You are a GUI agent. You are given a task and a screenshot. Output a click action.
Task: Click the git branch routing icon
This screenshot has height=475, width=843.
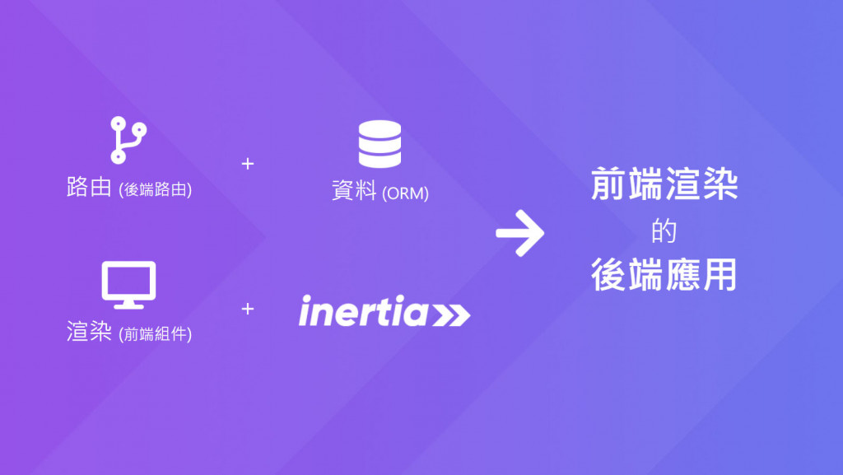pyautogui.click(x=128, y=140)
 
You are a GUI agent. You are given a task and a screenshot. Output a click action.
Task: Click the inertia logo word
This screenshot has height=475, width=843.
pyautogui.click(x=363, y=313)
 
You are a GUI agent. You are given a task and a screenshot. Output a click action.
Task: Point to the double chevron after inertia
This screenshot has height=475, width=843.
pyautogui.click(x=451, y=314)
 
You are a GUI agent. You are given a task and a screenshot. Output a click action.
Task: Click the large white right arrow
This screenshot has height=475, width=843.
pyautogui.click(x=520, y=233)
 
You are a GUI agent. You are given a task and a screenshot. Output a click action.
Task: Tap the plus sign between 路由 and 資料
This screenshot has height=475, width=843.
pyautogui.click(x=248, y=163)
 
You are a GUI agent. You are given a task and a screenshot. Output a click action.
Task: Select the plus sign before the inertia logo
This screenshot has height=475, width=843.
pyautogui.click(x=248, y=309)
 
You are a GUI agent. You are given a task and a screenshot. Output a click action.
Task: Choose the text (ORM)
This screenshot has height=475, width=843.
pyautogui.click(x=406, y=193)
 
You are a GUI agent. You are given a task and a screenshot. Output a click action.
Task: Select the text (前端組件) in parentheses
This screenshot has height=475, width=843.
pyautogui.click(x=156, y=335)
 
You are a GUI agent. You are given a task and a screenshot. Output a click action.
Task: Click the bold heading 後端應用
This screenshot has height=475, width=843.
pyautogui.click(x=664, y=276)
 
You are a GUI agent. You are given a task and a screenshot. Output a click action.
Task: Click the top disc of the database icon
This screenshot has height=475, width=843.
pyautogui.click(x=380, y=129)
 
